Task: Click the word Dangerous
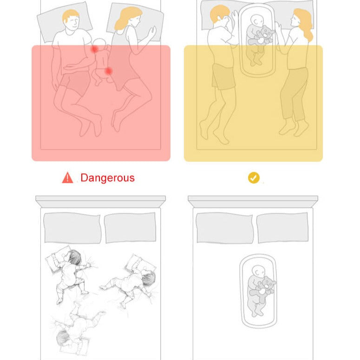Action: [x=107, y=178]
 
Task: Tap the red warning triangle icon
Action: [x=67, y=178]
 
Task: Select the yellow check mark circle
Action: [x=254, y=178]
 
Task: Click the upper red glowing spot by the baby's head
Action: [x=94, y=49]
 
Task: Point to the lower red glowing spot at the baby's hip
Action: [x=108, y=71]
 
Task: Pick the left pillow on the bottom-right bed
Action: [x=224, y=228]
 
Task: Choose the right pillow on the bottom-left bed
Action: [x=130, y=228]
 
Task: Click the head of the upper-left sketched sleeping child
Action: [x=73, y=257]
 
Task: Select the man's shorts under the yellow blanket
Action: [x=223, y=77]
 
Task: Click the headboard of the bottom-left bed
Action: [x=100, y=201]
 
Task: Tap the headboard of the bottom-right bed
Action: [x=253, y=201]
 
